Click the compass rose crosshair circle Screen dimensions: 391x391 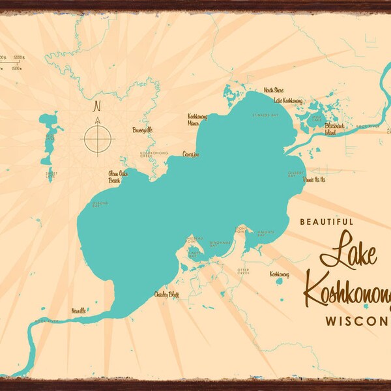tap(98, 138)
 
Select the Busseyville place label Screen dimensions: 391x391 tap(142, 130)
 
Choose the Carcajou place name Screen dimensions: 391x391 tap(190, 154)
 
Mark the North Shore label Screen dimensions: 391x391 tap(274, 90)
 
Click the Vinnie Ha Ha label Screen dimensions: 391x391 tap(315, 179)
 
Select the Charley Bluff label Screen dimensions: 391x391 tap(166, 295)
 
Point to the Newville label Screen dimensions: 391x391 tap(79, 311)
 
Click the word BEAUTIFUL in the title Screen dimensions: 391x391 tap(326, 222)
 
